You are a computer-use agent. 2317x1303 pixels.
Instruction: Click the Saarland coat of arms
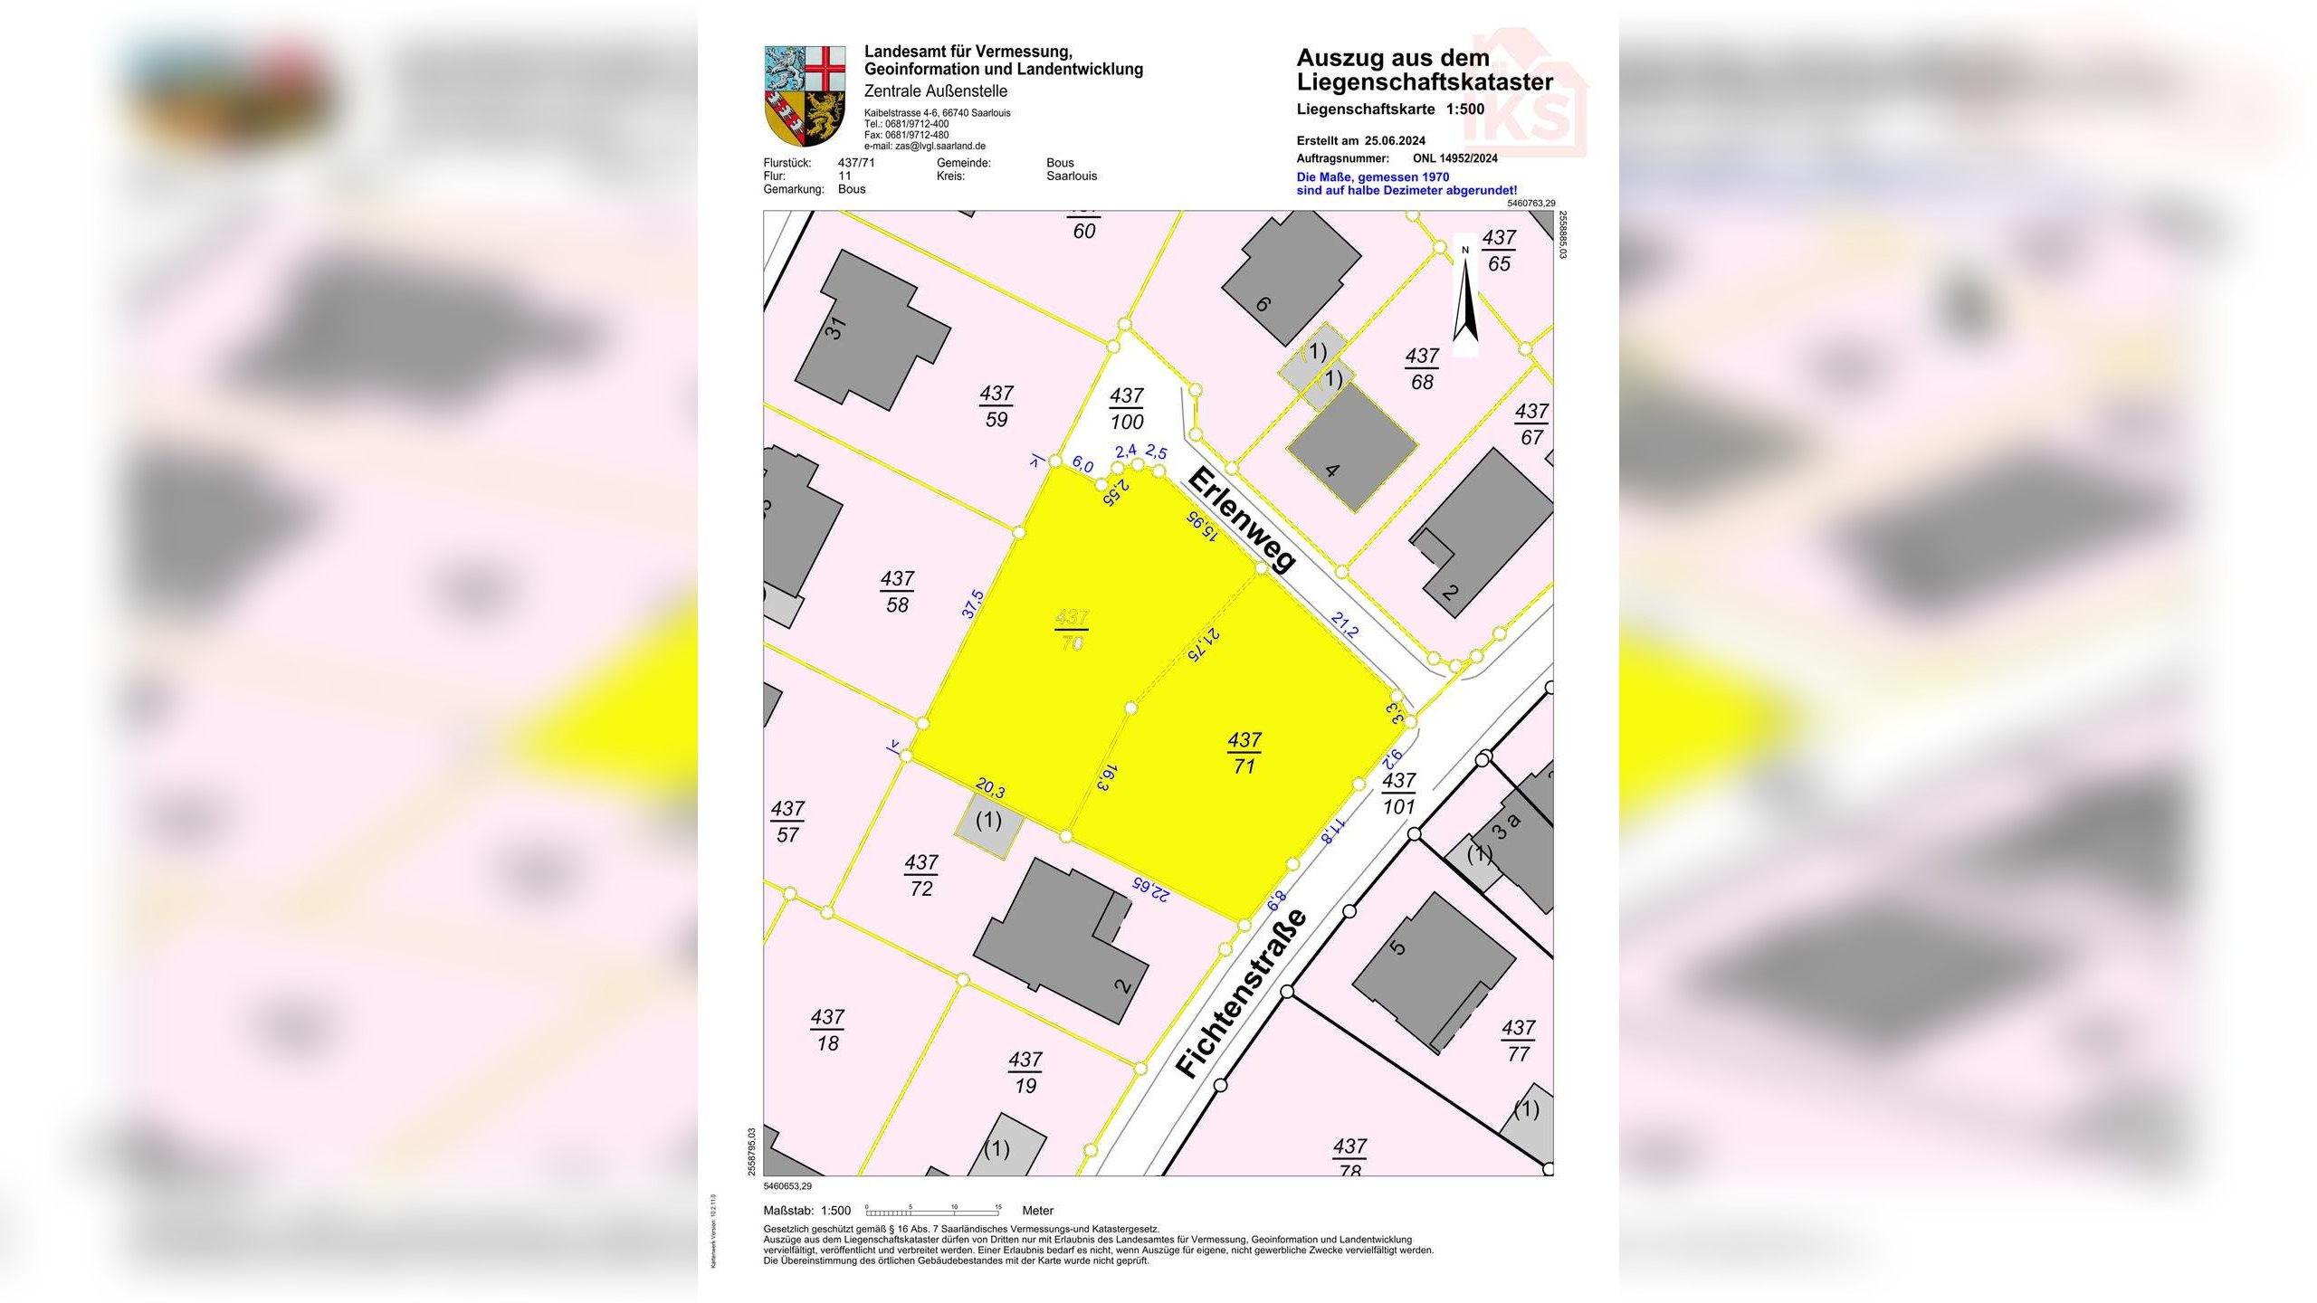click(805, 96)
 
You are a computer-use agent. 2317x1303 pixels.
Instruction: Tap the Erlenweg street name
click(1241, 519)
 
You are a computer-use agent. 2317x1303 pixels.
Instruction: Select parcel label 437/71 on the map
click(1244, 753)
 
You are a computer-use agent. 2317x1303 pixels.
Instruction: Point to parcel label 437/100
click(1127, 408)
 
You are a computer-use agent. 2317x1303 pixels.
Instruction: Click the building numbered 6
click(1290, 276)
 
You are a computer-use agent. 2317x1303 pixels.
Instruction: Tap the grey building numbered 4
click(1352, 447)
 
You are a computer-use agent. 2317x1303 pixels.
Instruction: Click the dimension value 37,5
click(973, 604)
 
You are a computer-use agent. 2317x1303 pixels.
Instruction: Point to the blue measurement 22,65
click(1149, 889)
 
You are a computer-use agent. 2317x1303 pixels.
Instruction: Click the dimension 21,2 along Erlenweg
click(1344, 625)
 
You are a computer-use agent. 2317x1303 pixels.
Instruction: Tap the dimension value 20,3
click(990, 789)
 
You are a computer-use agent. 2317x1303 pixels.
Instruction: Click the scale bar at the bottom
click(932, 1210)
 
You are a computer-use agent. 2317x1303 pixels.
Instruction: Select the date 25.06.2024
click(1395, 140)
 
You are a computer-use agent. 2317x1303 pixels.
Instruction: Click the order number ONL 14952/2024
click(1454, 158)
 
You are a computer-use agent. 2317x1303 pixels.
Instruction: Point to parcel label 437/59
click(996, 406)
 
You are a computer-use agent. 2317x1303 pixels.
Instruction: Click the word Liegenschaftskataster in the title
click(1425, 82)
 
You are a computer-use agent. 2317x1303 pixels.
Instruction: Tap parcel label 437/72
click(921, 875)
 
